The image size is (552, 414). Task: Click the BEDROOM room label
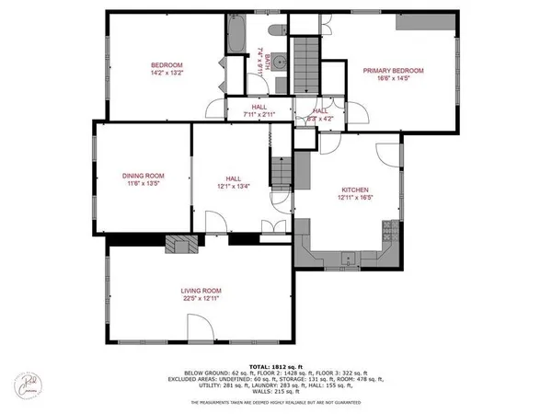click(167, 64)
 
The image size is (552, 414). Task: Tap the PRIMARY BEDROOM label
click(393, 71)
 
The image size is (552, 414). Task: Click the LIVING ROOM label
click(201, 290)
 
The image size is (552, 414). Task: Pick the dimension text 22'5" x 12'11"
click(201, 298)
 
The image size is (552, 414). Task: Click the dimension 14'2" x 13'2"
click(167, 73)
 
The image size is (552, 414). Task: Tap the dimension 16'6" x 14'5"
click(393, 79)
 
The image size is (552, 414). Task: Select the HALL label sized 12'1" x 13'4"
click(234, 178)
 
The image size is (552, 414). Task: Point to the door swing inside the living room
click(202, 324)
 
